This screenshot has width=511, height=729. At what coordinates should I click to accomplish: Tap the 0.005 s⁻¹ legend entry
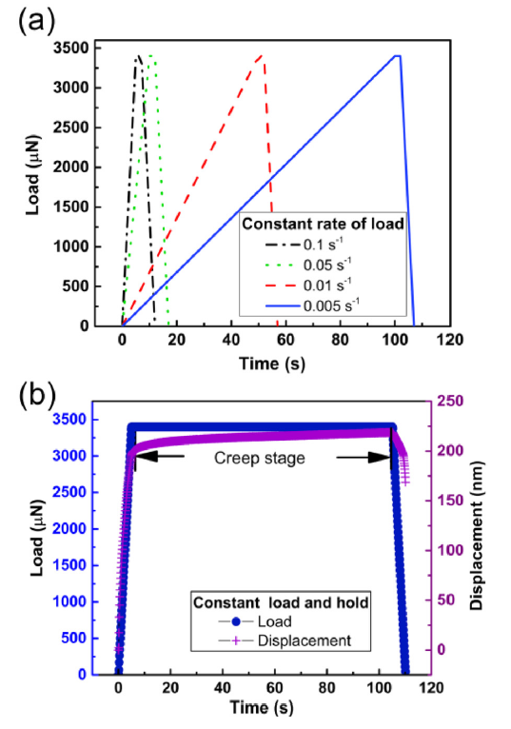(331, 305)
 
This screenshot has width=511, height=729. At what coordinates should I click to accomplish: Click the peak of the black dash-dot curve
(138, 56)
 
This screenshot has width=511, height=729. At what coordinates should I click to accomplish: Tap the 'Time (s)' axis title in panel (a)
(272, 362)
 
